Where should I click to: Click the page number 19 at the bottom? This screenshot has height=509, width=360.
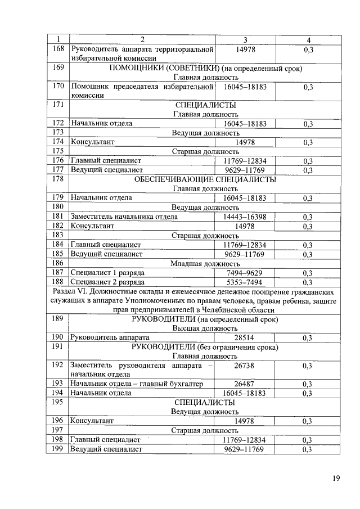pos(335,479)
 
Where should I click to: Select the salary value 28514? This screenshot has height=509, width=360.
pos(245,337)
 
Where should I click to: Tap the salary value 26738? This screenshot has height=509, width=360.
pos(245,366)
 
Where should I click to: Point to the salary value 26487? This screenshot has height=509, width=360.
pos(245,384)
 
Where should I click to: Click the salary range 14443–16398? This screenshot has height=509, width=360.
pos(245,217)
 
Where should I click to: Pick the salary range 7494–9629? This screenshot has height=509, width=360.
pos(245,272)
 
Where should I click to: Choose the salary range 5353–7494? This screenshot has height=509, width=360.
pos(245,282)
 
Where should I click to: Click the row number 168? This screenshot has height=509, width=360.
pos(57,49)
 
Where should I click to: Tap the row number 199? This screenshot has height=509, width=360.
pos(57,449)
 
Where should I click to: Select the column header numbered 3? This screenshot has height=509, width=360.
pos(245,40)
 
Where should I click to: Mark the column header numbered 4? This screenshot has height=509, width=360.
pos(308,40)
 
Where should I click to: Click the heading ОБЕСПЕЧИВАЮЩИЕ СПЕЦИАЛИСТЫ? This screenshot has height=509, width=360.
pos(205,180)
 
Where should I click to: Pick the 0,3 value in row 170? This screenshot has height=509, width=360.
pos(308,87)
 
